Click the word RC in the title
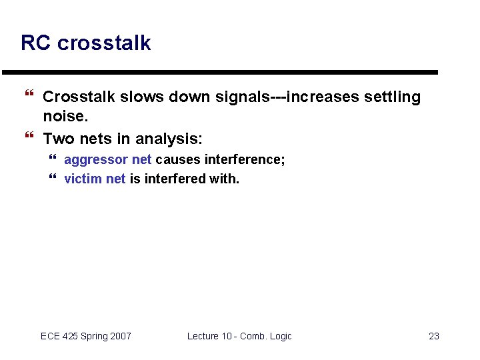click(36, 43)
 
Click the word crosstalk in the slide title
click(104, 43)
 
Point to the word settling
click(393, 97)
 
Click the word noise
click(65, 117)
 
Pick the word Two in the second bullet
click(59, 139)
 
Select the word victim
click(83, 179)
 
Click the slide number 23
click(433, 336)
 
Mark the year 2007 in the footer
click(120, 336)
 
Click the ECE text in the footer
click(50, 336)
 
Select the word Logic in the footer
click(279, 336)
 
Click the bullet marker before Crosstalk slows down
click(28, 97)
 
